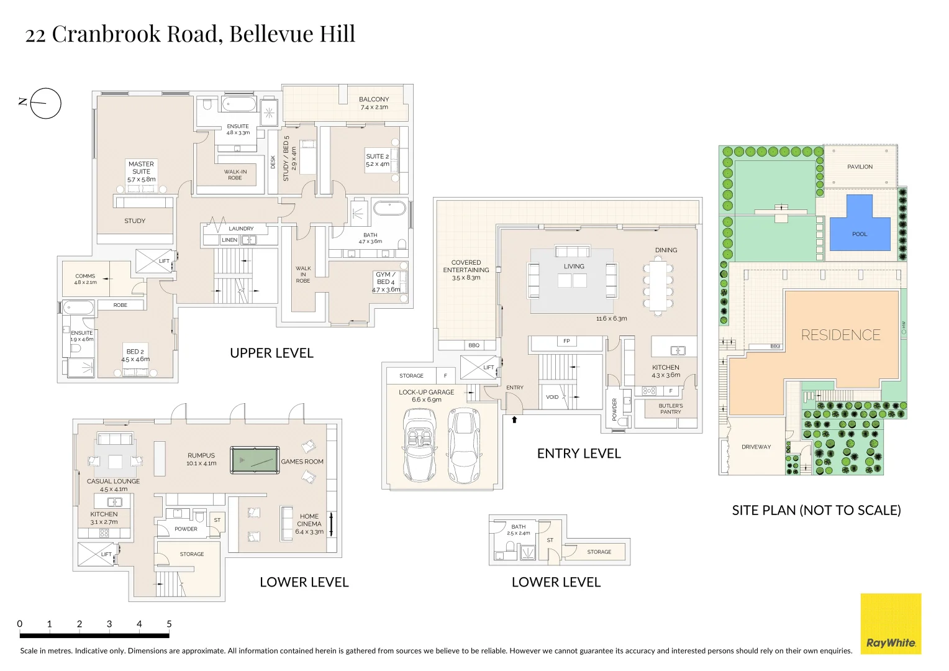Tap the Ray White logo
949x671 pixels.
click(x=891, y=624)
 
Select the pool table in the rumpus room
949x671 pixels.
click(x=255, y=460)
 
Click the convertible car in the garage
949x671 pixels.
click(x=419, y=445)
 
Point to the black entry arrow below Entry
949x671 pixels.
click(x=514, y=419)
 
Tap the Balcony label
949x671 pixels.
click(x=374, y=99)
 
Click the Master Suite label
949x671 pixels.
click(x=141, y=168)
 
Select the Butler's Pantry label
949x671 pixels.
click(x=671, y=409)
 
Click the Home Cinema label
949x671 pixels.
click(x=309, y=520)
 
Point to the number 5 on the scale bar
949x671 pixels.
click(x=169, y=624)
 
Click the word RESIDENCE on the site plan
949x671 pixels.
click(x=840, y=335)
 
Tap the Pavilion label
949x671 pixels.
click(x=860, y=167)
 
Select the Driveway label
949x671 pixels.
click(x=756, y=447)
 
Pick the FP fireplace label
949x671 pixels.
click(x=566, y=341)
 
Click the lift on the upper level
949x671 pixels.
click(x=154, y=261)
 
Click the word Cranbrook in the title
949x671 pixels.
click(x=106, y=34)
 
